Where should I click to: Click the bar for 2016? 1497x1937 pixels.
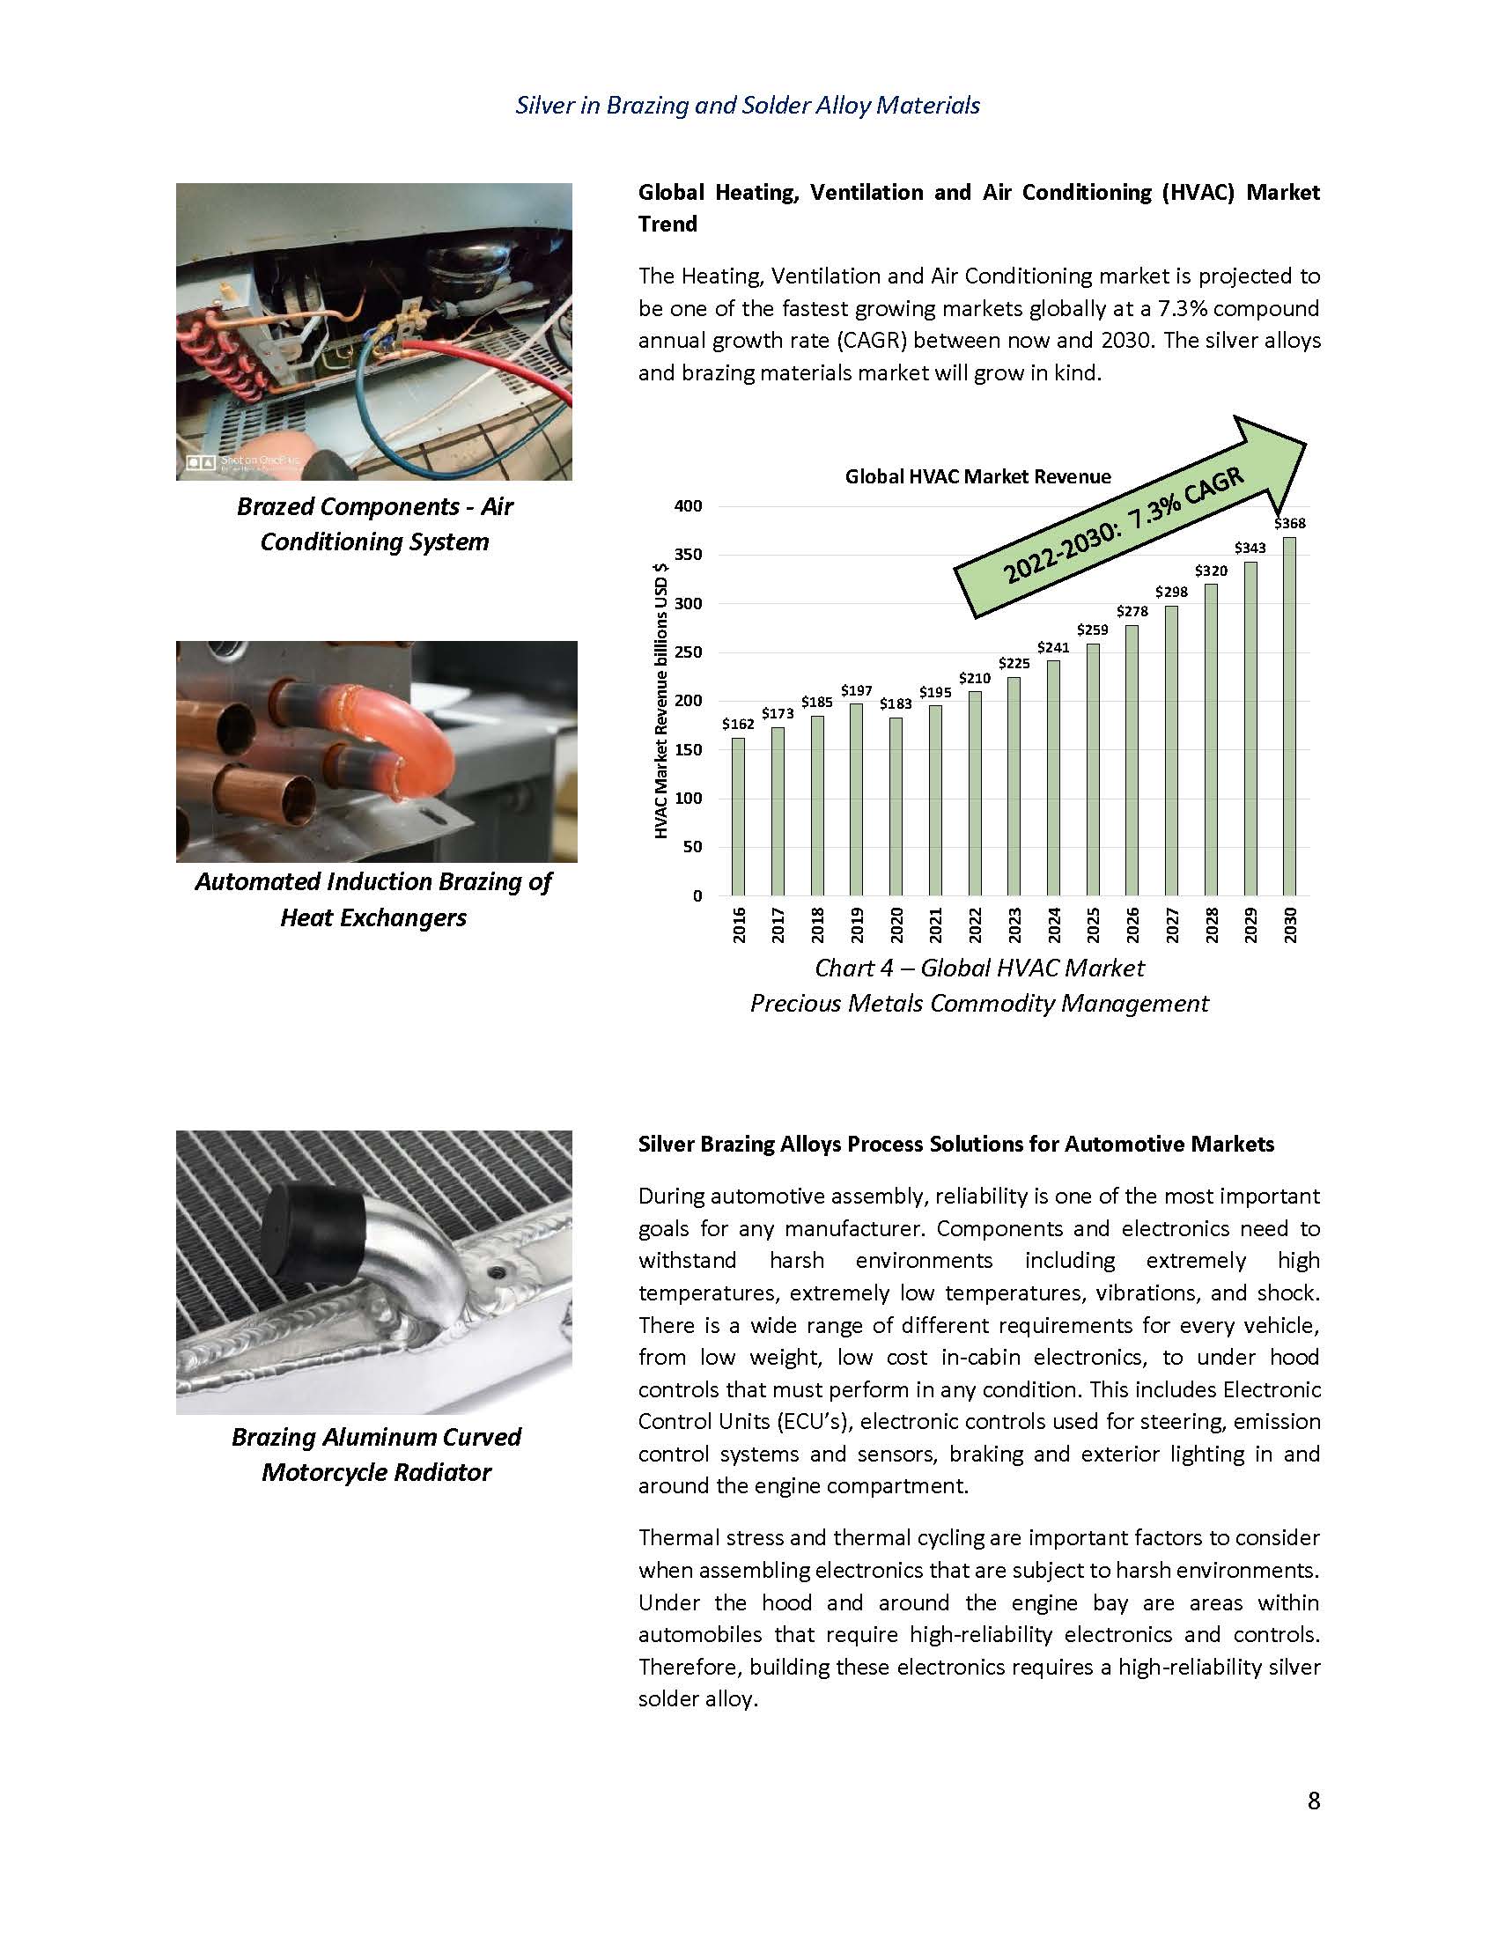click(x=738, y=816)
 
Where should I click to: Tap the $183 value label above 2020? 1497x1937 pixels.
click(x=896, y=703)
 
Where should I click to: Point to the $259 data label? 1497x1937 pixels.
click(x=1093, y=630)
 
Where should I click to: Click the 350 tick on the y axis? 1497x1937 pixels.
click(x=690, y=556)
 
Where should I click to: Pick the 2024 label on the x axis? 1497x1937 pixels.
click(x=1053, y=924)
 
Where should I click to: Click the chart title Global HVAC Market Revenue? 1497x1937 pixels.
click(x=977, y=476)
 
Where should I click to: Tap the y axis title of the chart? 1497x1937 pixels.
click(x=660, y=701)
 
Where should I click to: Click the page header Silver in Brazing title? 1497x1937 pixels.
click(x=748, y=106)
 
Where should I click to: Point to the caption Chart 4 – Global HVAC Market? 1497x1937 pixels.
click(x=979, y=968)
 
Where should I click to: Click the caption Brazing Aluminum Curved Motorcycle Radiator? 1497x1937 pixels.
click(x=376, y=1455)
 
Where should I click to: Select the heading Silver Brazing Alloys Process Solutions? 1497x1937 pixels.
click(x=956, y=1144)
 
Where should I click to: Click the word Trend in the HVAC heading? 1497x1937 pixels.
click(x=667, y=224)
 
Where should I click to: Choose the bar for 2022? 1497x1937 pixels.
click(x=975, y=793)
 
